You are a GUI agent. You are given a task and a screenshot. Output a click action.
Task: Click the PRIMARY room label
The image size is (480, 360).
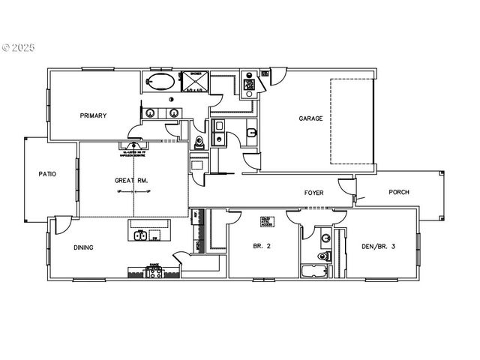pos(94,115)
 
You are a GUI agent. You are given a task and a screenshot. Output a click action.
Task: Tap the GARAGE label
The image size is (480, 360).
pos(311,118)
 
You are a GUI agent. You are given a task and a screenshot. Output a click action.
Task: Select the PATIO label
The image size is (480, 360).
pos(47,174)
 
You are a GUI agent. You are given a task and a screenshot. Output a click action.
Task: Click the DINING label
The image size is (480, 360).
pos(83,247)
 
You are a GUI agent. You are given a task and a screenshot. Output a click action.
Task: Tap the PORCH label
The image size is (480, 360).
pos(399,192)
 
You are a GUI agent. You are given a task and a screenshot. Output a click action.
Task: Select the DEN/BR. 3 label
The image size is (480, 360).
pos(378,247)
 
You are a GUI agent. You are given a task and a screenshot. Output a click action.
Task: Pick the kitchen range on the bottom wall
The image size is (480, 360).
pos(154,271)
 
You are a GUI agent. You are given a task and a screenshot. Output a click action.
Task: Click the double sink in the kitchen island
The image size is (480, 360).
pos(140,236)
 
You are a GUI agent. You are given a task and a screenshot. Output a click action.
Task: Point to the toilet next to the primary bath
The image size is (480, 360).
pos(199,142)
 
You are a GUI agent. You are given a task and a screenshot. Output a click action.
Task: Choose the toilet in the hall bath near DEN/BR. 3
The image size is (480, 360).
pos(324,256)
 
